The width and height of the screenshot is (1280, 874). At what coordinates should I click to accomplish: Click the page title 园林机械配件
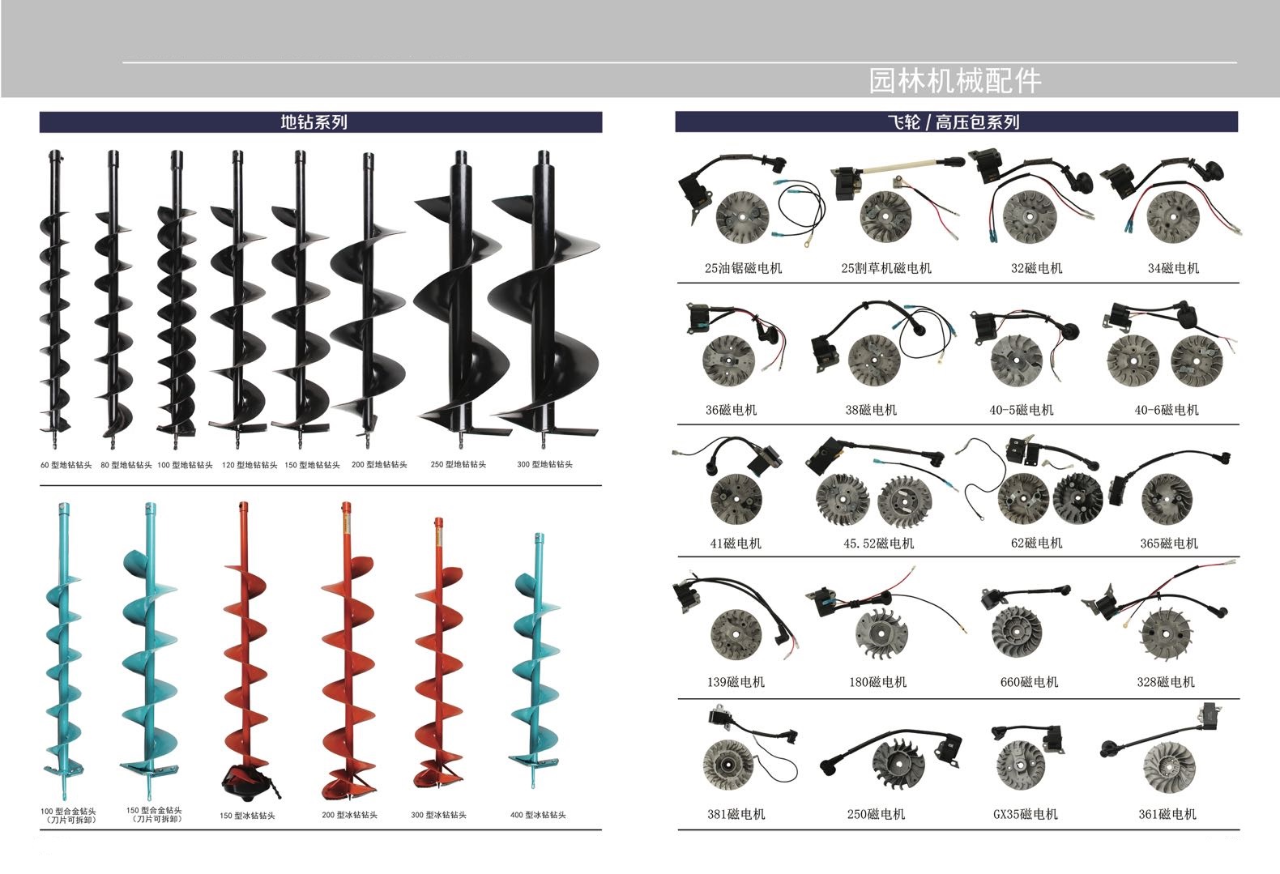(955, 80)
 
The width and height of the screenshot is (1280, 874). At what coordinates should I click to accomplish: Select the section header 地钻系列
(314, 122)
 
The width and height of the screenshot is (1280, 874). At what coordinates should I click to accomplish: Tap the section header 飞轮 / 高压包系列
(954, 122)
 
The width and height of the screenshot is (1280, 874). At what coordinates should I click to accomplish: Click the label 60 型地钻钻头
(66, 465)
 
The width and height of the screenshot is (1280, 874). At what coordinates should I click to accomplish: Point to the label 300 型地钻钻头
(544, 464)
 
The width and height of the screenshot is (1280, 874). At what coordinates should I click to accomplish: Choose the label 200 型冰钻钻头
(349, 815)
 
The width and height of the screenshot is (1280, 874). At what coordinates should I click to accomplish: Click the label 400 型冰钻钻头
(538, 815)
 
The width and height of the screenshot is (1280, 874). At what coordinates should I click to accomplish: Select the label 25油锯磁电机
(743, 268)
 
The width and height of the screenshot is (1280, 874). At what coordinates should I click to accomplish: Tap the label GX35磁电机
(1025, 814)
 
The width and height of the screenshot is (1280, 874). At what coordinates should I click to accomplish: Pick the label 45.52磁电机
(879, 544)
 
